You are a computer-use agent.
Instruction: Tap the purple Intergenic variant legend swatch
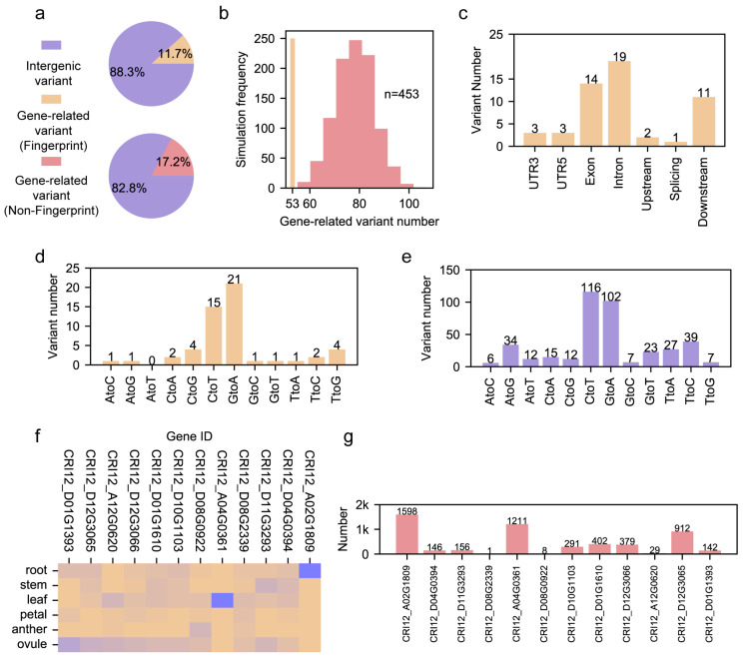(51, 45)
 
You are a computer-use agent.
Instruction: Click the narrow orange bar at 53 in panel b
(293, 113)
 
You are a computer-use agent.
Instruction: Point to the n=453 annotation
(401, 94)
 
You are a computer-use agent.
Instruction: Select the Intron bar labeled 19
(619, 104)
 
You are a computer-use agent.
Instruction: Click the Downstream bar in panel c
(704, 122)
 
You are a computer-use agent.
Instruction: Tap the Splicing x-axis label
(675, 178)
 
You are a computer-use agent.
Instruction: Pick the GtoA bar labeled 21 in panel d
(234, 325)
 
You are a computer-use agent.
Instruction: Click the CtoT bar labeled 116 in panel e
(590, 329)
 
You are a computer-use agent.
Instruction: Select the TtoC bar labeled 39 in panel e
(690, 354)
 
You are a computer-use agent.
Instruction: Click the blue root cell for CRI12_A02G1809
(310, 571)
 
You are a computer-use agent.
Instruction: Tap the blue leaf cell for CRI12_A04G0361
(223, 600)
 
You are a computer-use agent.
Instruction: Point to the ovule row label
(32, 644)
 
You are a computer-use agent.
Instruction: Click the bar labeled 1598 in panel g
(407, 534)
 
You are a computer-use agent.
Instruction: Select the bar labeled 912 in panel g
(682, 542)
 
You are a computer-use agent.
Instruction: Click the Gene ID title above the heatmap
(189, 436)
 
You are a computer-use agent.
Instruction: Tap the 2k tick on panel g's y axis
(363, 505)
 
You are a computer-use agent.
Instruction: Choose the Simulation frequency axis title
(242, 110)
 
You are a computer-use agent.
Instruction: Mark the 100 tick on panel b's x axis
(408, 204)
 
